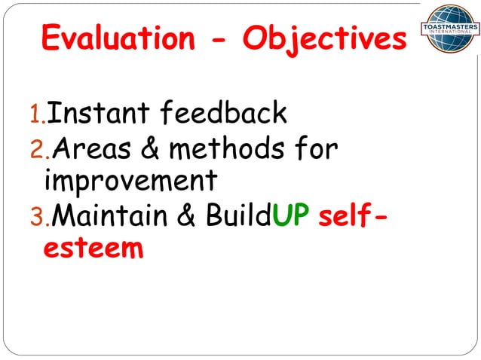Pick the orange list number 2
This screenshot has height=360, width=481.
coord(32,151)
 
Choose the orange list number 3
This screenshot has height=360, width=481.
coord(32,217)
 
